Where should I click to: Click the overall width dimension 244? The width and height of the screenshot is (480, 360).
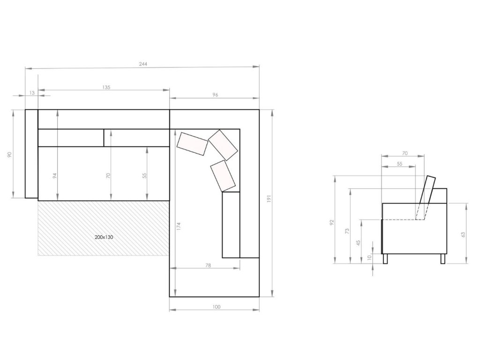[143, 64]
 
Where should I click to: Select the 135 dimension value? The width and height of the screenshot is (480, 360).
[106, 87]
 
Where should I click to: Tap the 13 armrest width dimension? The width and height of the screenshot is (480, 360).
[32, 93]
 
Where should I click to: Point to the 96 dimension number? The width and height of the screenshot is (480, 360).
[215, 95]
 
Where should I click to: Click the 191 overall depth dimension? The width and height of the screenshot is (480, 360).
[270, 199]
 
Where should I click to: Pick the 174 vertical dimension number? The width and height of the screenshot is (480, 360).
[179, 226]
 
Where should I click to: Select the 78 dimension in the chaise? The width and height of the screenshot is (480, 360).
[208, 265]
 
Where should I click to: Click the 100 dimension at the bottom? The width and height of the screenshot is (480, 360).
[216, 307]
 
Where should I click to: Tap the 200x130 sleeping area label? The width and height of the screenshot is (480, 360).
[104, 237]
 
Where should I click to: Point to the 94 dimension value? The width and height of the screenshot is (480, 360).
[55, 176]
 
